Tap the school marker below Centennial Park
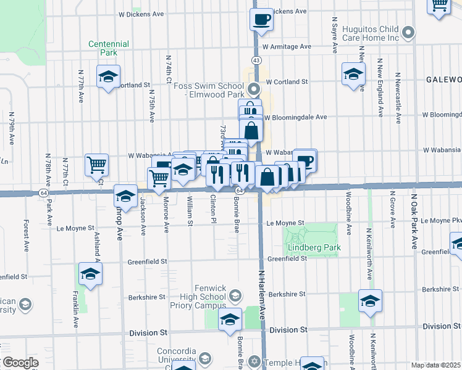click(x=109, y=76)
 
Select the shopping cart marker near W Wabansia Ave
click(x=96, y=164)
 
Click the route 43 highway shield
click(x=256, y=60)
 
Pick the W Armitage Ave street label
click(x=287, y=46)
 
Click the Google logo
click(x=20, y=363)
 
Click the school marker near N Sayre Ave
click(x=353, y=74)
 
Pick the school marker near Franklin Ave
click(x=90, y=274)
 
